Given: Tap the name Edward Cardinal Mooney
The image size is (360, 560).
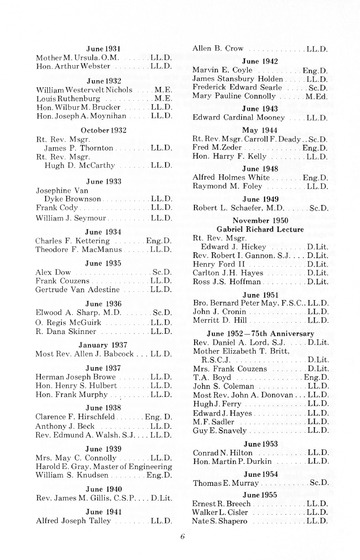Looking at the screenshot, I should coord(236,117).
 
